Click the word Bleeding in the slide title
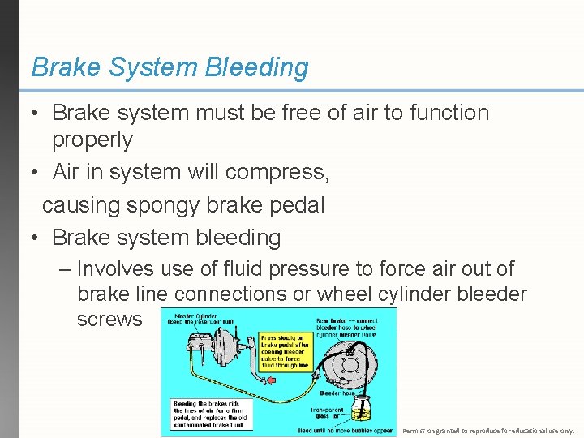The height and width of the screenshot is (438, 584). [x=257, y=67]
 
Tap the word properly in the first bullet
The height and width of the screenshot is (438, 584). [x=92, y=140]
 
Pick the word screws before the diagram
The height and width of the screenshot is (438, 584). [x=109, y=319]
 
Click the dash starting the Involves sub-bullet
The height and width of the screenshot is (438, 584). [x=65, y=268]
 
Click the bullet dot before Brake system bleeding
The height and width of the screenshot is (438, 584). [x=34, y=238]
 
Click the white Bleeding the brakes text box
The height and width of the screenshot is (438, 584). [x=211, y=414]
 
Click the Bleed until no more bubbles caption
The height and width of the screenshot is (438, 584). [x=346, y=431]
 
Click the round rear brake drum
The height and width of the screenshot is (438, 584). [x=358, y=365]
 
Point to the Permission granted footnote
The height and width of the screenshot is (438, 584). [x=487, y=431]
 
